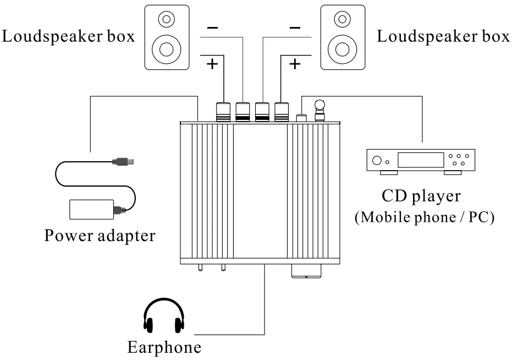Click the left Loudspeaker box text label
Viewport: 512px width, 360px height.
click(x=68, y=37)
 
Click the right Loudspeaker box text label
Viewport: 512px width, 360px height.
click(x=443, y=37)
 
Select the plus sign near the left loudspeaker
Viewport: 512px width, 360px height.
click(x=212, y=64)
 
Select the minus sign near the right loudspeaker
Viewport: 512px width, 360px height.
click(x=295, y=27)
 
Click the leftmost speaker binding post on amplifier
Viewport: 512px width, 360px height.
click(x=224, y=111)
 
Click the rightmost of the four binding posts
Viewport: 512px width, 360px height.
click(x=282, y=111)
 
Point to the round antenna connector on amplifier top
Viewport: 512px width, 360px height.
click(x=320, y=105)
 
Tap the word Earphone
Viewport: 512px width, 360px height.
click(x=164, y=348)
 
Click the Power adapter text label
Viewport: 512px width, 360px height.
click(x=100, y=236)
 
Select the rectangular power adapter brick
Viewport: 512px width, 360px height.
click(x=91, y=209)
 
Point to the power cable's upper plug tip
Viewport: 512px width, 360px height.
click(x=133, y=162)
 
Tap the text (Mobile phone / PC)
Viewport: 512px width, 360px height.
click(x=424, y=217)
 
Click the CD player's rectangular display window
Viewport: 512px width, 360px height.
click(x=420, y=160)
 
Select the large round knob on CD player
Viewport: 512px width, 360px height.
click(x=377, y=161)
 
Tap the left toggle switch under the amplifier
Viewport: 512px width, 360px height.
click(x=200, y=268)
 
